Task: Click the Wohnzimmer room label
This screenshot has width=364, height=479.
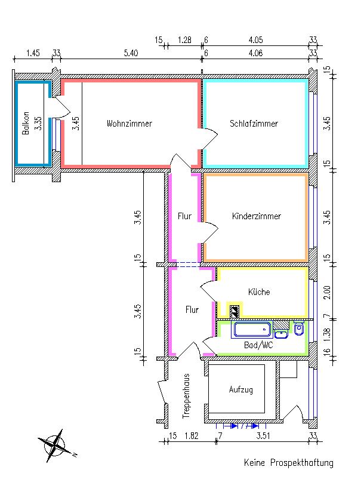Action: pyautogui.click(x=129, y=124)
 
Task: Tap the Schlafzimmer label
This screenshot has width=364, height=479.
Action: pyautogui.click(x=254, y=124)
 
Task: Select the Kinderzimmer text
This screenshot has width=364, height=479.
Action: pyautogui.click(x=256, y=216)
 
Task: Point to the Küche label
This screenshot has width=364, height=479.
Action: pyautogui.click(x=259, y=292)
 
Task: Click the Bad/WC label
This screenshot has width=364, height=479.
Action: pyautogui.click(x=259, y=345)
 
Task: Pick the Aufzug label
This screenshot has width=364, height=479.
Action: pyautogui.click(x=241, y=389)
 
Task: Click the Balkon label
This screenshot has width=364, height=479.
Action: pyautogui.click(x=26, y=124)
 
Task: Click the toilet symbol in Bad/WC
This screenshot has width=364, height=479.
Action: pyautogui.click(x=300, y=330)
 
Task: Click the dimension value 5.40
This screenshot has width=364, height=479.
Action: pyautogui.click(x=131, y=53)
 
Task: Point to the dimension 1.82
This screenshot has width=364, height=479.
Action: pyautogui.click(x=192, y=435)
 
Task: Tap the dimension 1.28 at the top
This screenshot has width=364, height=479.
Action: pyautogui.click(x=184, y=40)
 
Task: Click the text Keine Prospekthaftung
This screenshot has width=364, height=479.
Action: pyautogui.click(x=288, y=463)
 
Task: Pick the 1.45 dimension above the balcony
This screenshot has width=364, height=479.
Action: pyautogui.click(x=33, y=53)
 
